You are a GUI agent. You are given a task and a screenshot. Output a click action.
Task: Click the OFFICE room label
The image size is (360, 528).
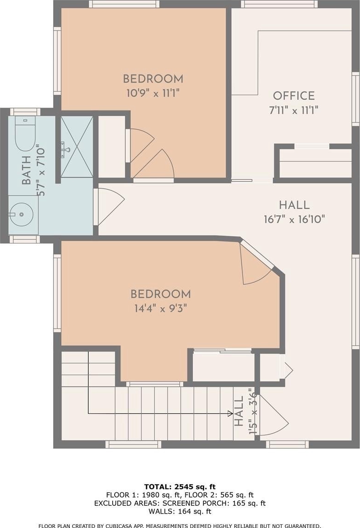coord(293,96)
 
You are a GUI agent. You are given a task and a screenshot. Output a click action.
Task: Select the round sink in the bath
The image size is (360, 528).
coord(22,214)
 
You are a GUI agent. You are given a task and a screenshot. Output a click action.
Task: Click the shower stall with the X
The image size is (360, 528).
coord(77,147)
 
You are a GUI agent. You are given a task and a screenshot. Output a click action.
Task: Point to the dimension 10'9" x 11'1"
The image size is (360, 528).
coord(153,93)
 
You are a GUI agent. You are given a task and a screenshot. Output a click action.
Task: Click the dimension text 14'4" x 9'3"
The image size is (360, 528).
coord(161,308)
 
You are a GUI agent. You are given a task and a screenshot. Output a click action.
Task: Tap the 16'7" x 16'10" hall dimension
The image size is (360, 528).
coord(294,219)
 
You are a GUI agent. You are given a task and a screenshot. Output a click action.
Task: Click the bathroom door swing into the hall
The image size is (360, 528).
coord(110,206)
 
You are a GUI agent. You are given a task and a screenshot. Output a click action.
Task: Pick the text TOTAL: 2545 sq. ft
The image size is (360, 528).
coord(180,486)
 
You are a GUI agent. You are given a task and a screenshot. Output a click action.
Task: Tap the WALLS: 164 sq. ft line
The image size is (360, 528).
coord(180,512)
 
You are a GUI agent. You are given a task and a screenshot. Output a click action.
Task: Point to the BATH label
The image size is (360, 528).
coord(26,170)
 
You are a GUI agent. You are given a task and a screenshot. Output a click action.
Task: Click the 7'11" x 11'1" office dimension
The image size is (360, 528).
coord(293,110)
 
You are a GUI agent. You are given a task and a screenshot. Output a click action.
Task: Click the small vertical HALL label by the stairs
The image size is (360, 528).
coord(239,411)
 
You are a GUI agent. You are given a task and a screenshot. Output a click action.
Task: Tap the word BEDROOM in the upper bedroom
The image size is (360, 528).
coord(153,79)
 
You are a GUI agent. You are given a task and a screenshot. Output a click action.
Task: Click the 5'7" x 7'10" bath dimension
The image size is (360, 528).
coord(40,170)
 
